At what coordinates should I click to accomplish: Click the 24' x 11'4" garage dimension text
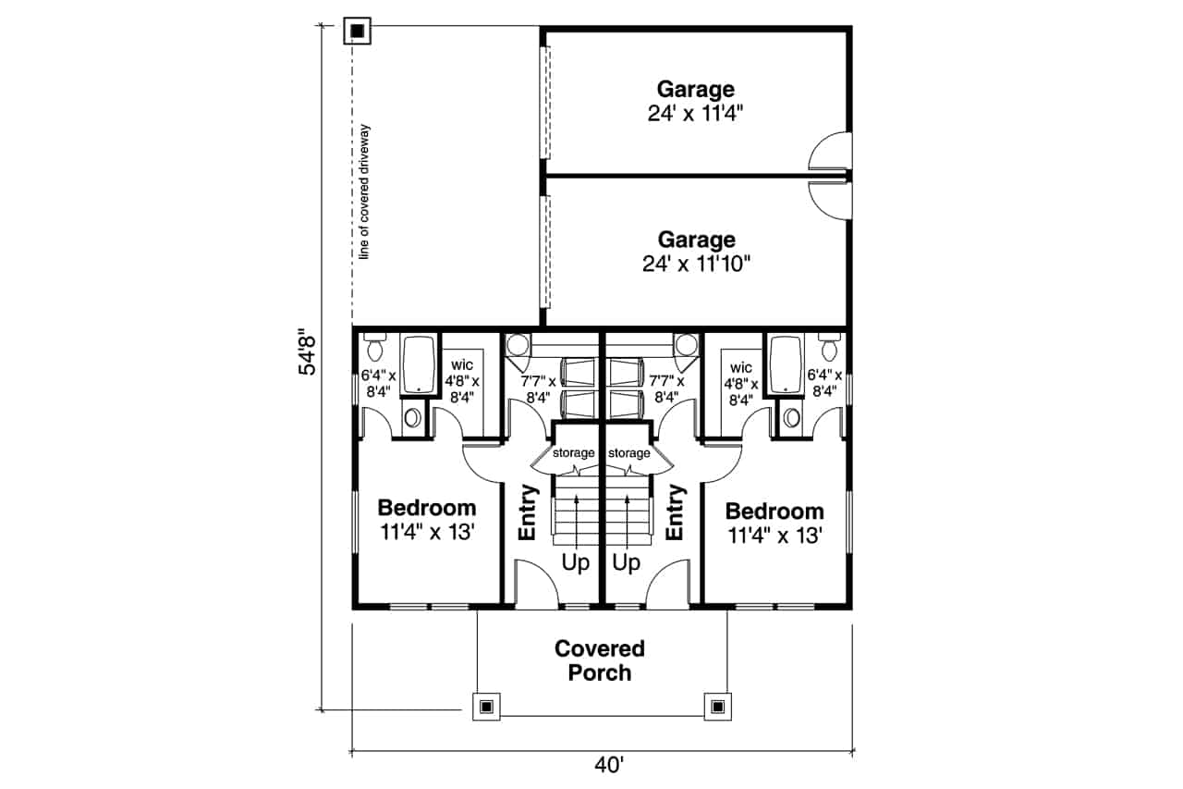click(695, 114)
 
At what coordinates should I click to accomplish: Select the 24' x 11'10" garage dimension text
click(696, 264)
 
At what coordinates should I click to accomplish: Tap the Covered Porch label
click(600, 660)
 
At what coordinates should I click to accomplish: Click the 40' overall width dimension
click(609, 765)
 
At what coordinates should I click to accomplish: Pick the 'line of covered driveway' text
click(364, 192)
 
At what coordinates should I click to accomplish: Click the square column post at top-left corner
click(358, 31)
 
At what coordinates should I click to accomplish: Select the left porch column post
click(486, 707)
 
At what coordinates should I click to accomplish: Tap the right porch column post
click(718, 707)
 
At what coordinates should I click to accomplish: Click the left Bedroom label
click(427, 508)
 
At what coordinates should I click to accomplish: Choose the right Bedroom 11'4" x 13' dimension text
click(774, 536)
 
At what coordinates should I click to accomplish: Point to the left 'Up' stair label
click(575, 563)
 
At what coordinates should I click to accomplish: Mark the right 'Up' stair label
click(626, 563)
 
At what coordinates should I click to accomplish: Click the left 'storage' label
click(574, 453)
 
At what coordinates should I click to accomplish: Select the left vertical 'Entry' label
click(528, 512)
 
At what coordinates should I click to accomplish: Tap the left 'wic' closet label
click(461, 365)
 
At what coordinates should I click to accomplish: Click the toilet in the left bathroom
click(375, 347)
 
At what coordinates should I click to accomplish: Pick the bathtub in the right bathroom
click(786, 364)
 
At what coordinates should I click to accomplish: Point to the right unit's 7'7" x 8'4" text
click(666, 389)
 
